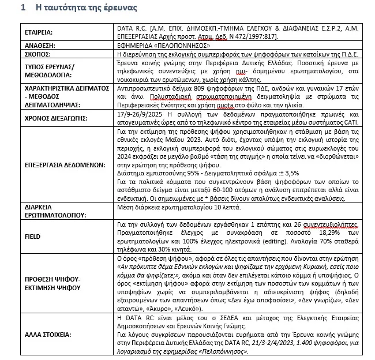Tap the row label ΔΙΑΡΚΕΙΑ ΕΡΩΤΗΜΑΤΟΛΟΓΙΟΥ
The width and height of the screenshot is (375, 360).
coord(55,211)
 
